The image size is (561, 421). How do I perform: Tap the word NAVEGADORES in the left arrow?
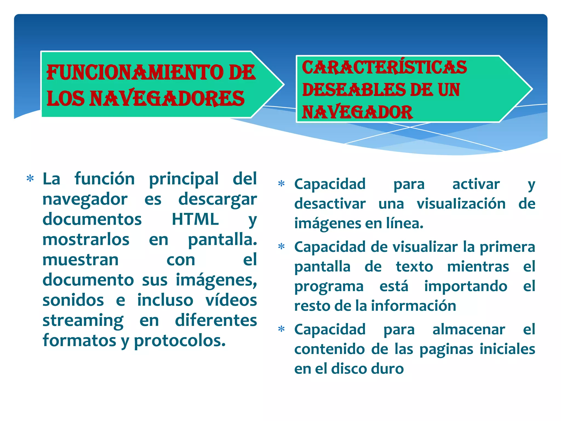tap(167, 98)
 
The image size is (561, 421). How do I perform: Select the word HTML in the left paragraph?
tap(195, 219)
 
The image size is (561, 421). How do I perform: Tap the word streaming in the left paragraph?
tap(83, 320)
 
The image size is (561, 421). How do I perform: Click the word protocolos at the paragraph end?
tap(179, 341)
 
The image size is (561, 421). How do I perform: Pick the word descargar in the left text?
tap(217, 199)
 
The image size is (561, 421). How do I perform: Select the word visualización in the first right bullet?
tap(461, 204)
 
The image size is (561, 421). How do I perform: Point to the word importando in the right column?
tap(466, 286)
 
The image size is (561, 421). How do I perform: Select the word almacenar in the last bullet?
tap(468, 329)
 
